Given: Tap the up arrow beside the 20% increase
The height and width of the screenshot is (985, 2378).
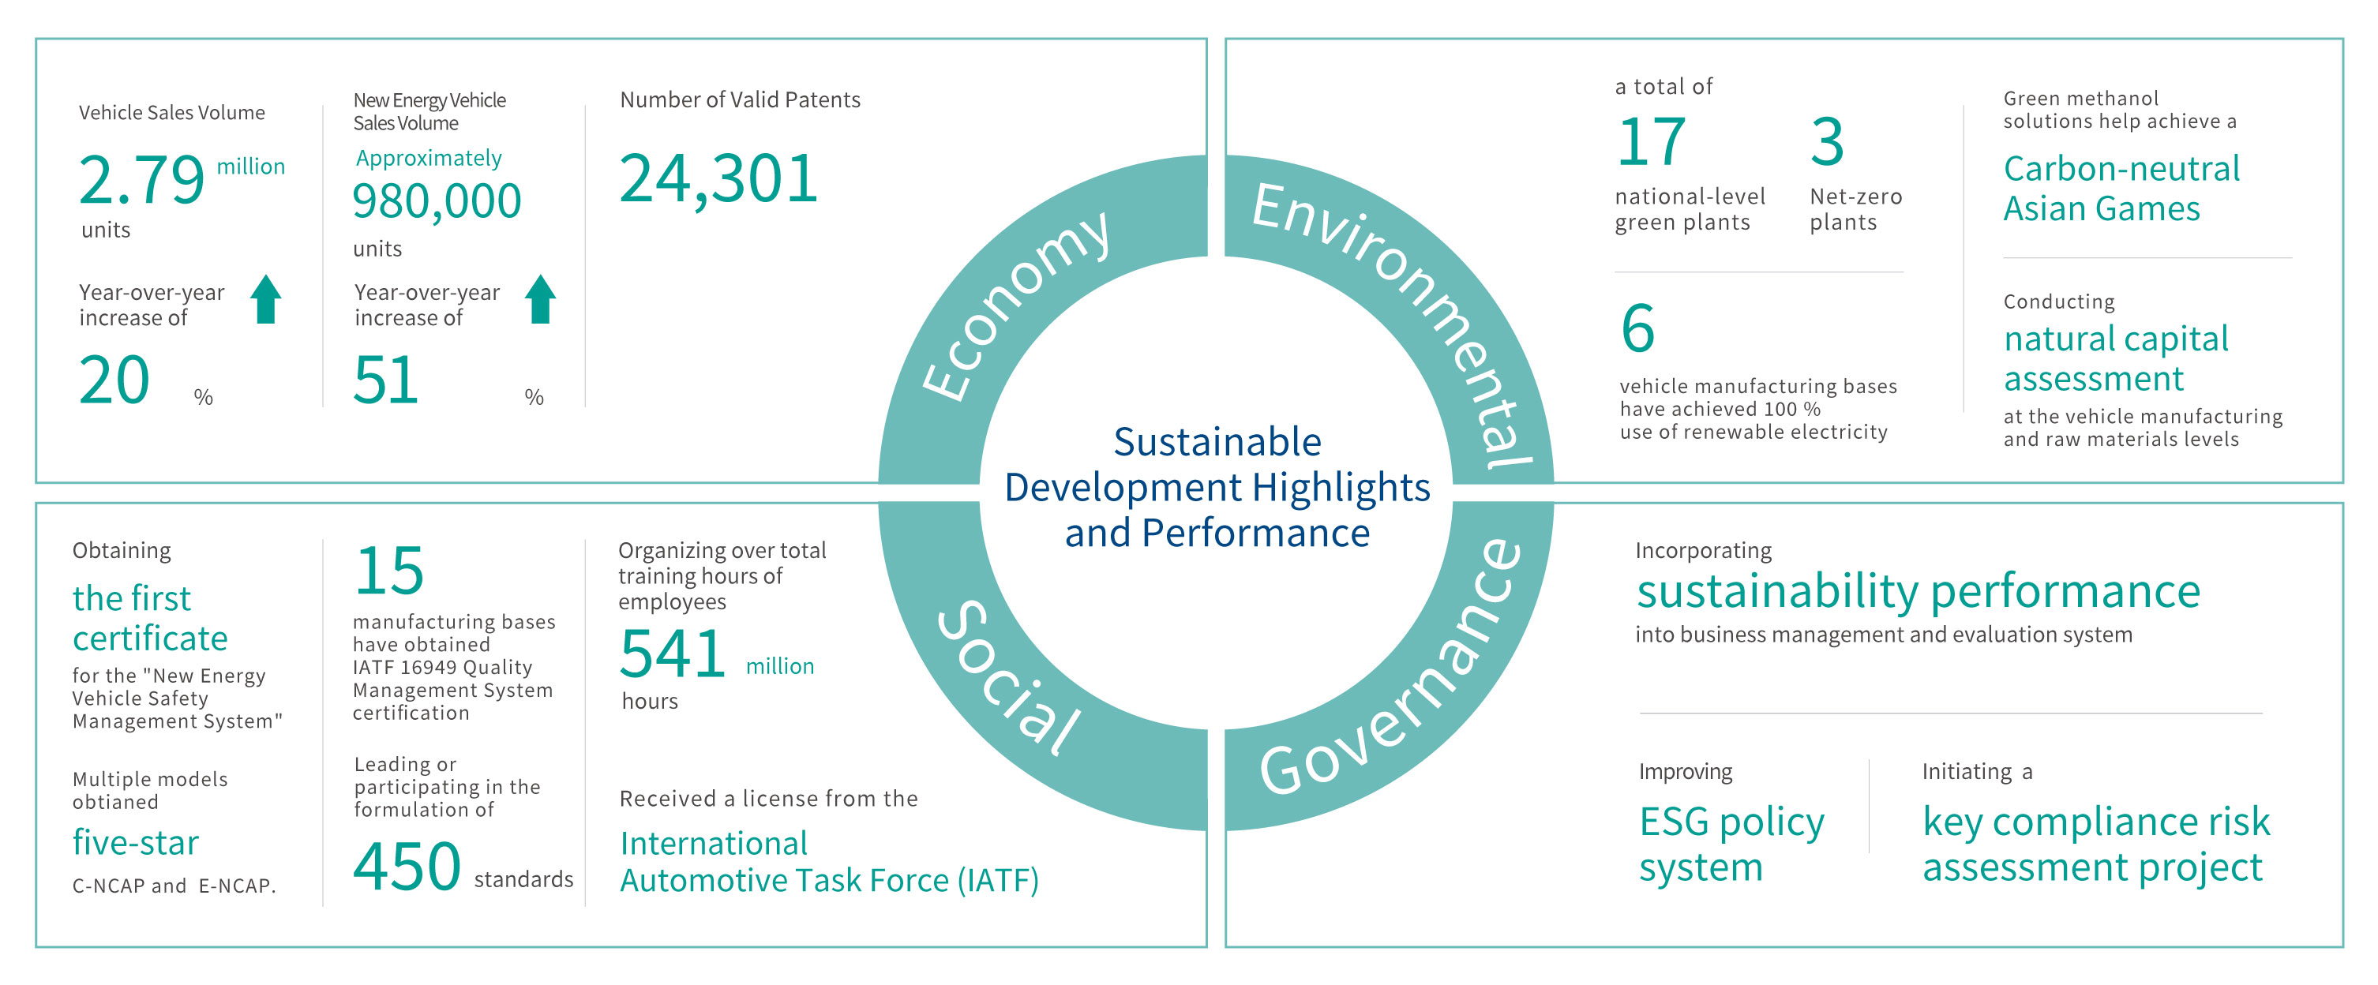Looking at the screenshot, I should pyautogui.click(x=266, y=299).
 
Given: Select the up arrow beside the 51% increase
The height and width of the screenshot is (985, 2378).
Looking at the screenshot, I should pyautogui.click(x=540, y=299).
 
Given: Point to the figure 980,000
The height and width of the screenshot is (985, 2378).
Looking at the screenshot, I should pyautogui.click(x=437, y=201).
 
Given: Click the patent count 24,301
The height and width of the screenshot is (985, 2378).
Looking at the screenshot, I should pyautogui.click(x=718, y=178).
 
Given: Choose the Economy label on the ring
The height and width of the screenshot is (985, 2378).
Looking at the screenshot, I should pyautogui.click(x=1015, y=305).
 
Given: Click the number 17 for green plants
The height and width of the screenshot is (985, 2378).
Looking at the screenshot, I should pyautogui.click(x=1651, y=142).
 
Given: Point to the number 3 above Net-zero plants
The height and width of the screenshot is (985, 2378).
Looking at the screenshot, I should pyautogui.click(x=1827, y=142).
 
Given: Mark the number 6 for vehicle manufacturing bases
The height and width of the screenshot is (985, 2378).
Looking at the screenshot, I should pyautogui.click(x=1637, y=328).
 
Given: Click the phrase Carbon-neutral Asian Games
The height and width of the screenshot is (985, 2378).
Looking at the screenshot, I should pyautogui.click(x=2121, y=189).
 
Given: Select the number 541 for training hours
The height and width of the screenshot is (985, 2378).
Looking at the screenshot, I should pyautogui.click(x=672, y=654).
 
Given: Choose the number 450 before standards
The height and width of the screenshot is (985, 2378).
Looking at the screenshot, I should pyautogui.click(x=406, y=867).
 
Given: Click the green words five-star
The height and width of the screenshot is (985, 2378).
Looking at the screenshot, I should pyautogui.click(x=136, y=843).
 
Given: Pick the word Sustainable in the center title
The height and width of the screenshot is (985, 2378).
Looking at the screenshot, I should pyautogui.click(x=1217, y=442).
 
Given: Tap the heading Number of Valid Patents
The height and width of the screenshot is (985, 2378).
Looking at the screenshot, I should pyautogui.click(x=740, y=99).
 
